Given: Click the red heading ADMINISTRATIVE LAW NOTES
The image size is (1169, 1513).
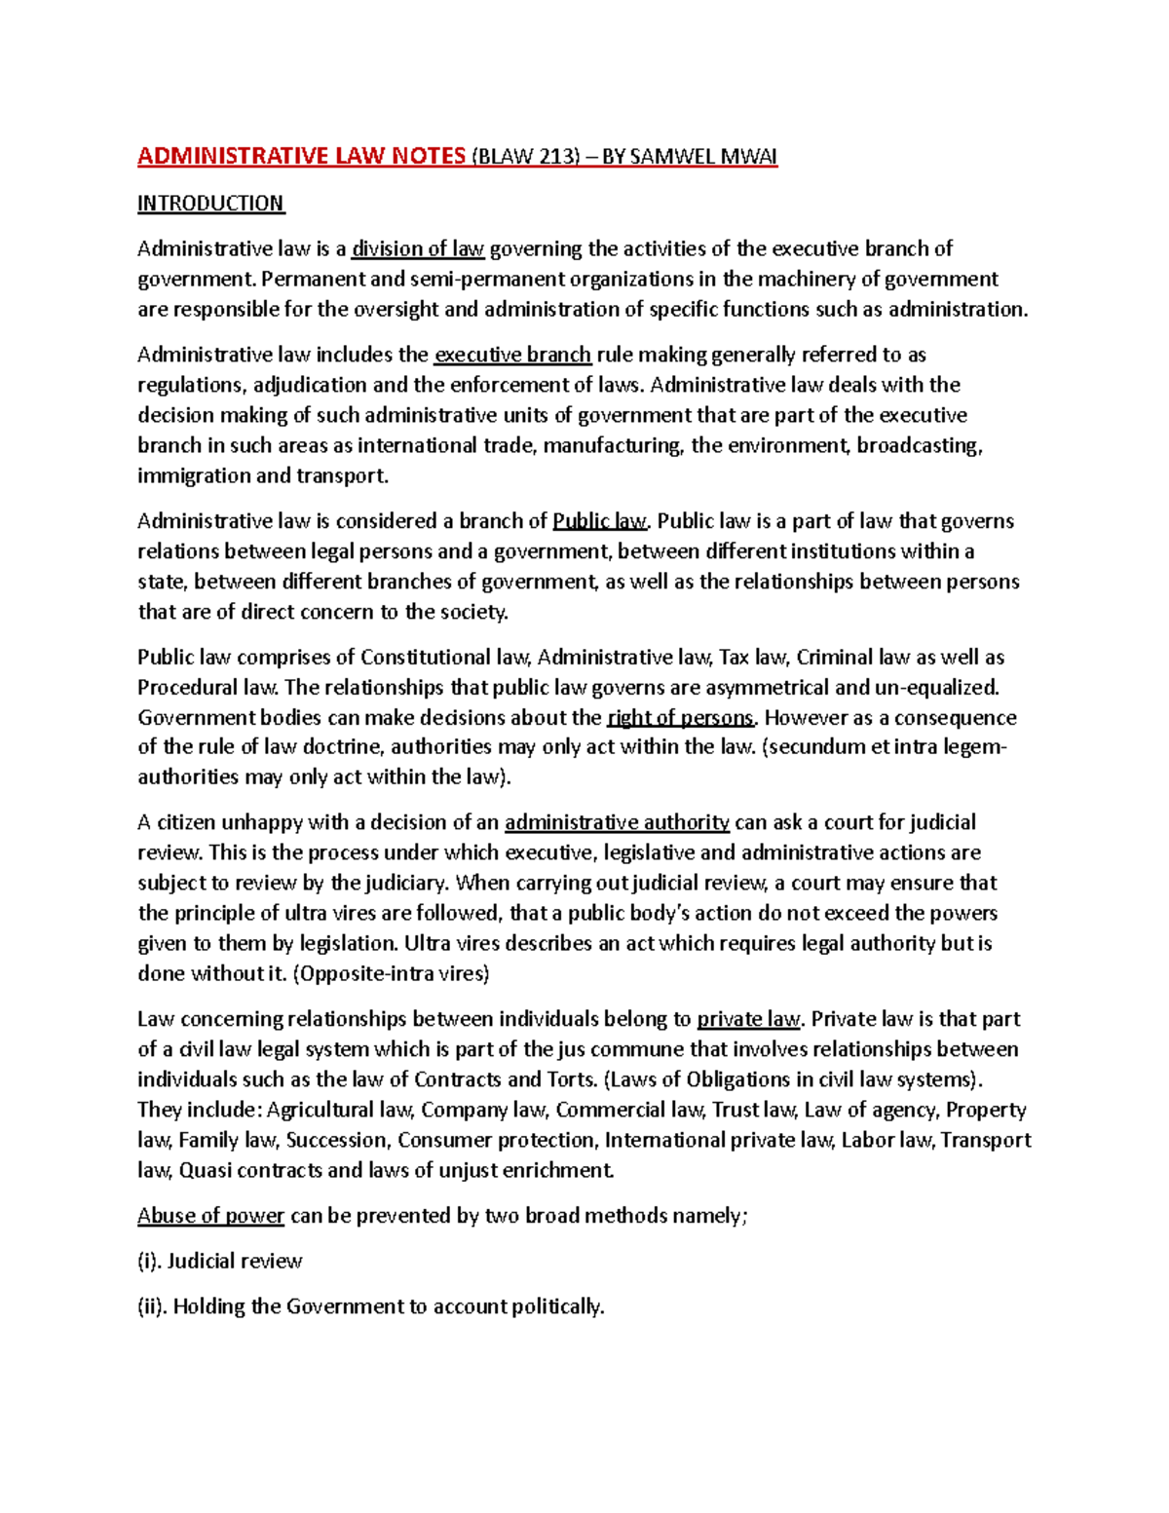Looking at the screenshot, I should coord(301,157).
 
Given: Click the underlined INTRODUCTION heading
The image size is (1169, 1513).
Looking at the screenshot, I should coord(210,204).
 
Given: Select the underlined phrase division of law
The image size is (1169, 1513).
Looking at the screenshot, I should coord(418,248).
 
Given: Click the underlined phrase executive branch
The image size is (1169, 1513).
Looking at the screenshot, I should coord(512,355).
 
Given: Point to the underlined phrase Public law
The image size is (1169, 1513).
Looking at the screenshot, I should coord(599,521).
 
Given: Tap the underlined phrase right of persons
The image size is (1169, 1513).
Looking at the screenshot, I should coord(681,718).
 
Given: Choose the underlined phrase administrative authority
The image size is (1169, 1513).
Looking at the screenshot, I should coord(617,822).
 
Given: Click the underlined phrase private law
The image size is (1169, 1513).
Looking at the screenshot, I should coord(748,1019).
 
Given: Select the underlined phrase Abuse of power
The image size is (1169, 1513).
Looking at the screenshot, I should coord(210,1216).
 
